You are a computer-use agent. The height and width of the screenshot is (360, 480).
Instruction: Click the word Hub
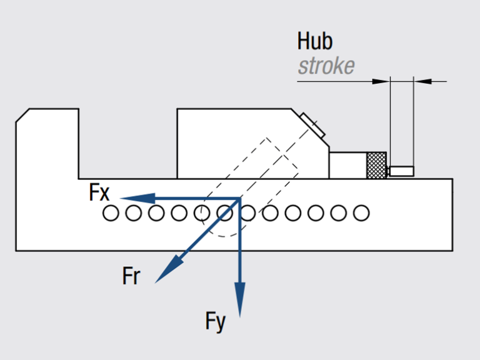[315, 41]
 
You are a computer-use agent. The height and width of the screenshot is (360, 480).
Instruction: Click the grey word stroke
[326, 65]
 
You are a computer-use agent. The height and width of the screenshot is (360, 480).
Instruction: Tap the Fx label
[99, 193]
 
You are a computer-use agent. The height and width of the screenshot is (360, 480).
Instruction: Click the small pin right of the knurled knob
[401, 170]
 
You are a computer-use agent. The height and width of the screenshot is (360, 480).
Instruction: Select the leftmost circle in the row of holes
[111, 213]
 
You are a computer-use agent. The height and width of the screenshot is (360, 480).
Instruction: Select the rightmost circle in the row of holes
[361, 213]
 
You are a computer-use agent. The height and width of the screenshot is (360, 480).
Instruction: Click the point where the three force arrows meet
[240, 199]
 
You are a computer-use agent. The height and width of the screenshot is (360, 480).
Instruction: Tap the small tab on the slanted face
[312, 126]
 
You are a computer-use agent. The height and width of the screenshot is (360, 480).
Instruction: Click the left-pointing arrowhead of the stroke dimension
[381, 81]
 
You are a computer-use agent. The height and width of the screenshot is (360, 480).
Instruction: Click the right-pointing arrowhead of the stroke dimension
[422, 81]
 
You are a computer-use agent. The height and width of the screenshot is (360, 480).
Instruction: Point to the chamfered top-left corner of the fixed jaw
[22, 115]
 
